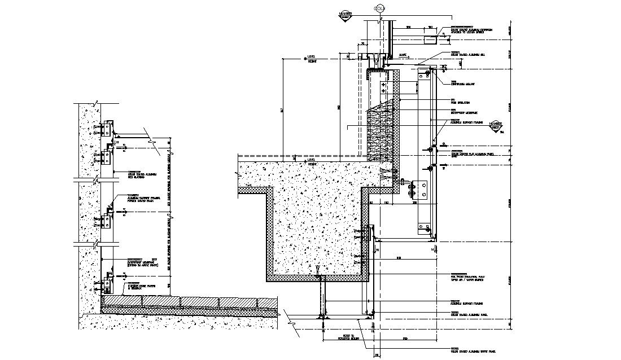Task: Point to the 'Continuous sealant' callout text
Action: [x=463, y=82]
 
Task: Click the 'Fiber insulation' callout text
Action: [x=461, y=102]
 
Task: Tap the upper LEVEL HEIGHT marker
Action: [x=310, y=59]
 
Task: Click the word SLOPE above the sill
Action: [x=403, y=55]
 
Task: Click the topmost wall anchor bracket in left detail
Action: [x=108, y=129]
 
